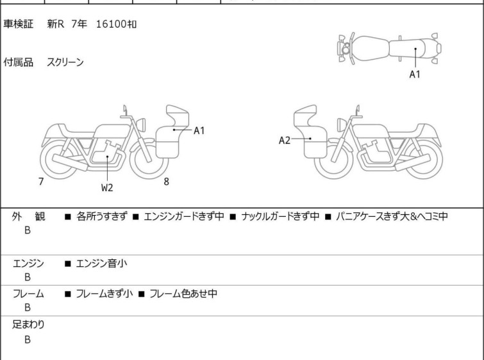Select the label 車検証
[x=18, y=24]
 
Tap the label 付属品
[x=18, y=62]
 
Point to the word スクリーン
[x=65, y=62]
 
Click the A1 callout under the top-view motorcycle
[x=415, y=74]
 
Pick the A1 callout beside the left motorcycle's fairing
[x=199, y=131]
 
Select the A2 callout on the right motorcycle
[x=285, y=141]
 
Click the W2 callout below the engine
[x=107, y=187]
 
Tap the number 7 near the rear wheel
[x=41, y=182]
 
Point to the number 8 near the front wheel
[x=167, y=182]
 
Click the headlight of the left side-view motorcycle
[x=141, y=124]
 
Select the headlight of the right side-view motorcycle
[x=342, y=124]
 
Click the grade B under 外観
[x=28, y=230]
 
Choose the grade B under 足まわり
[x=28, y=339]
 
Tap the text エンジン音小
[x=101, y=263]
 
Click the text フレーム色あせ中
[x=183, y=293]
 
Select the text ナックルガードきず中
[x=280, y=216]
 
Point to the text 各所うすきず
[x=101, y=216]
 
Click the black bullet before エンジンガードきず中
[x=135, y=217]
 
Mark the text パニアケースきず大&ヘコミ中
[x=392, y=216]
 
